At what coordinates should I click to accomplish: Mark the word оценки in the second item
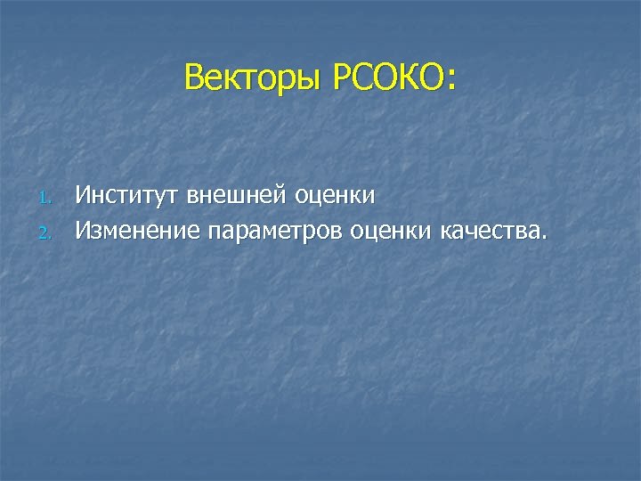(x=391, y=232)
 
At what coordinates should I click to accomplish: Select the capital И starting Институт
(x=82, y=194)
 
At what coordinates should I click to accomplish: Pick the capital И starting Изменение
(x=82, y=232)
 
